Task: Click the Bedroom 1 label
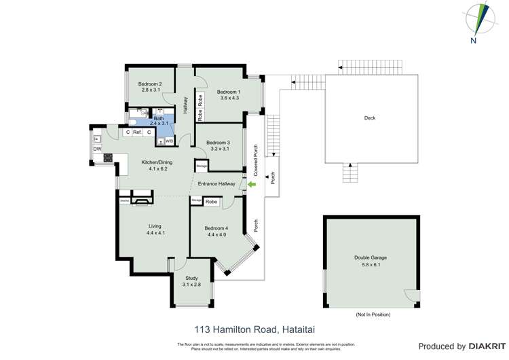(228, 92)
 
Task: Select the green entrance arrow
(251, 184)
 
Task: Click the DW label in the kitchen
(97, 149)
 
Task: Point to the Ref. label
(137, 132)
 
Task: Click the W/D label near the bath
(169, 141)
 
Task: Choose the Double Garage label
(371, 257)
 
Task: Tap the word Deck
(370, 118)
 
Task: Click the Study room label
(191, 278)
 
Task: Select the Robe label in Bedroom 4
(211, 202)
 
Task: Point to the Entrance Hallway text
(216, 183)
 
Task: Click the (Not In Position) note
(373, 314)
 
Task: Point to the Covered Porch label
(255, 158)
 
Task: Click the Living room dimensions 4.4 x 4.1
(155, 233)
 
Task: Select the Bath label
(158, 119)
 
